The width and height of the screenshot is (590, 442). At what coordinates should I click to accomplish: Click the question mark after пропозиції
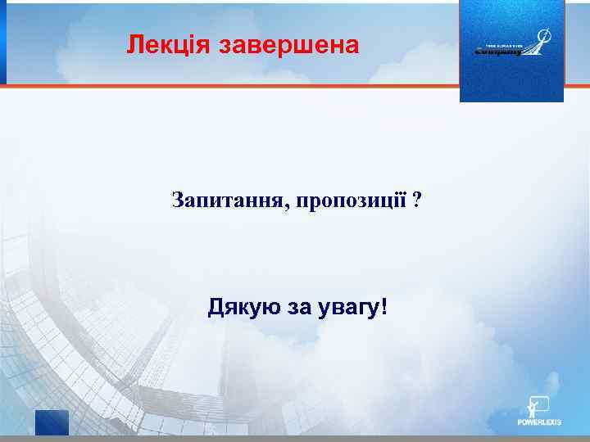418,201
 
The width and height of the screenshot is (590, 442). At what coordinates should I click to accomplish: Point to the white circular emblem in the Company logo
543,36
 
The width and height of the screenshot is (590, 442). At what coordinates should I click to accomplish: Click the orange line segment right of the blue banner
577,84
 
